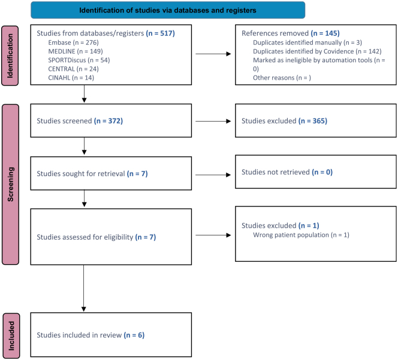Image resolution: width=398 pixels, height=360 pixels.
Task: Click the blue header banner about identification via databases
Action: [168, 10]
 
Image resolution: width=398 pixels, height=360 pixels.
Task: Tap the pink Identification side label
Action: [10, 56]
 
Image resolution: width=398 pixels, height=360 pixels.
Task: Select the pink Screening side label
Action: [10, 184]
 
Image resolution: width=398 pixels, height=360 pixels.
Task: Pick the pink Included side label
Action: [11, 336]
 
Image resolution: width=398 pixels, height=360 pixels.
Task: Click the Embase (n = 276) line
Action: [73, 43]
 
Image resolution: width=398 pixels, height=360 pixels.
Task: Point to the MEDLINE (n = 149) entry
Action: [76, 52]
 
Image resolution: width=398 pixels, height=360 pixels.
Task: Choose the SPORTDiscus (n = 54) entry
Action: [79, 60]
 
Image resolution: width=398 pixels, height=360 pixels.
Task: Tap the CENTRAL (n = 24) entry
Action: [73, 69]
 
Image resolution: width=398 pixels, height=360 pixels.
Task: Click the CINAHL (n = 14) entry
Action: [71, 78]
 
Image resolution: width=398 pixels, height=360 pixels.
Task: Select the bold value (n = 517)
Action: [161, 33]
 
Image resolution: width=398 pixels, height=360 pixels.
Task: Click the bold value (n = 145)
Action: [325, 33]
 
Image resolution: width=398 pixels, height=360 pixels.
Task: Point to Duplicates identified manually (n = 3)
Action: [307, 43]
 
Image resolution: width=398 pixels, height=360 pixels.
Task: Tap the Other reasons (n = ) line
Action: [282, 78]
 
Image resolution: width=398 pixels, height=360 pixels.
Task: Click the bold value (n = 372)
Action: [108, 121]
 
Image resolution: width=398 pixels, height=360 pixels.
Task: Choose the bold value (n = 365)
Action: [313, 121]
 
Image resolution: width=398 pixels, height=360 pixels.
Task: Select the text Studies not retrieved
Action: [276, 173]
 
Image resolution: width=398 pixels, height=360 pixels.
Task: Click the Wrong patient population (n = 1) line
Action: [301, 235]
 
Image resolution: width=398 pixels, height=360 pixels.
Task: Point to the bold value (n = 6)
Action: [134, 335]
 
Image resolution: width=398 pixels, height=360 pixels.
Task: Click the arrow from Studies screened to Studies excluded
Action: [213, 121]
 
